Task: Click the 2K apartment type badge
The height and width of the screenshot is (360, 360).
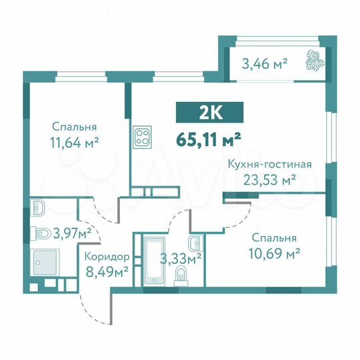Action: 210,113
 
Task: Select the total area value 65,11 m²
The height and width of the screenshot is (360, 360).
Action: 209,139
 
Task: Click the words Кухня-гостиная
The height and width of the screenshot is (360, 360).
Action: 260,165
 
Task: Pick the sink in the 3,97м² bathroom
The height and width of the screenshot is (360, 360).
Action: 38,207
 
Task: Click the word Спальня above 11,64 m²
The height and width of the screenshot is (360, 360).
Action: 73,126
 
